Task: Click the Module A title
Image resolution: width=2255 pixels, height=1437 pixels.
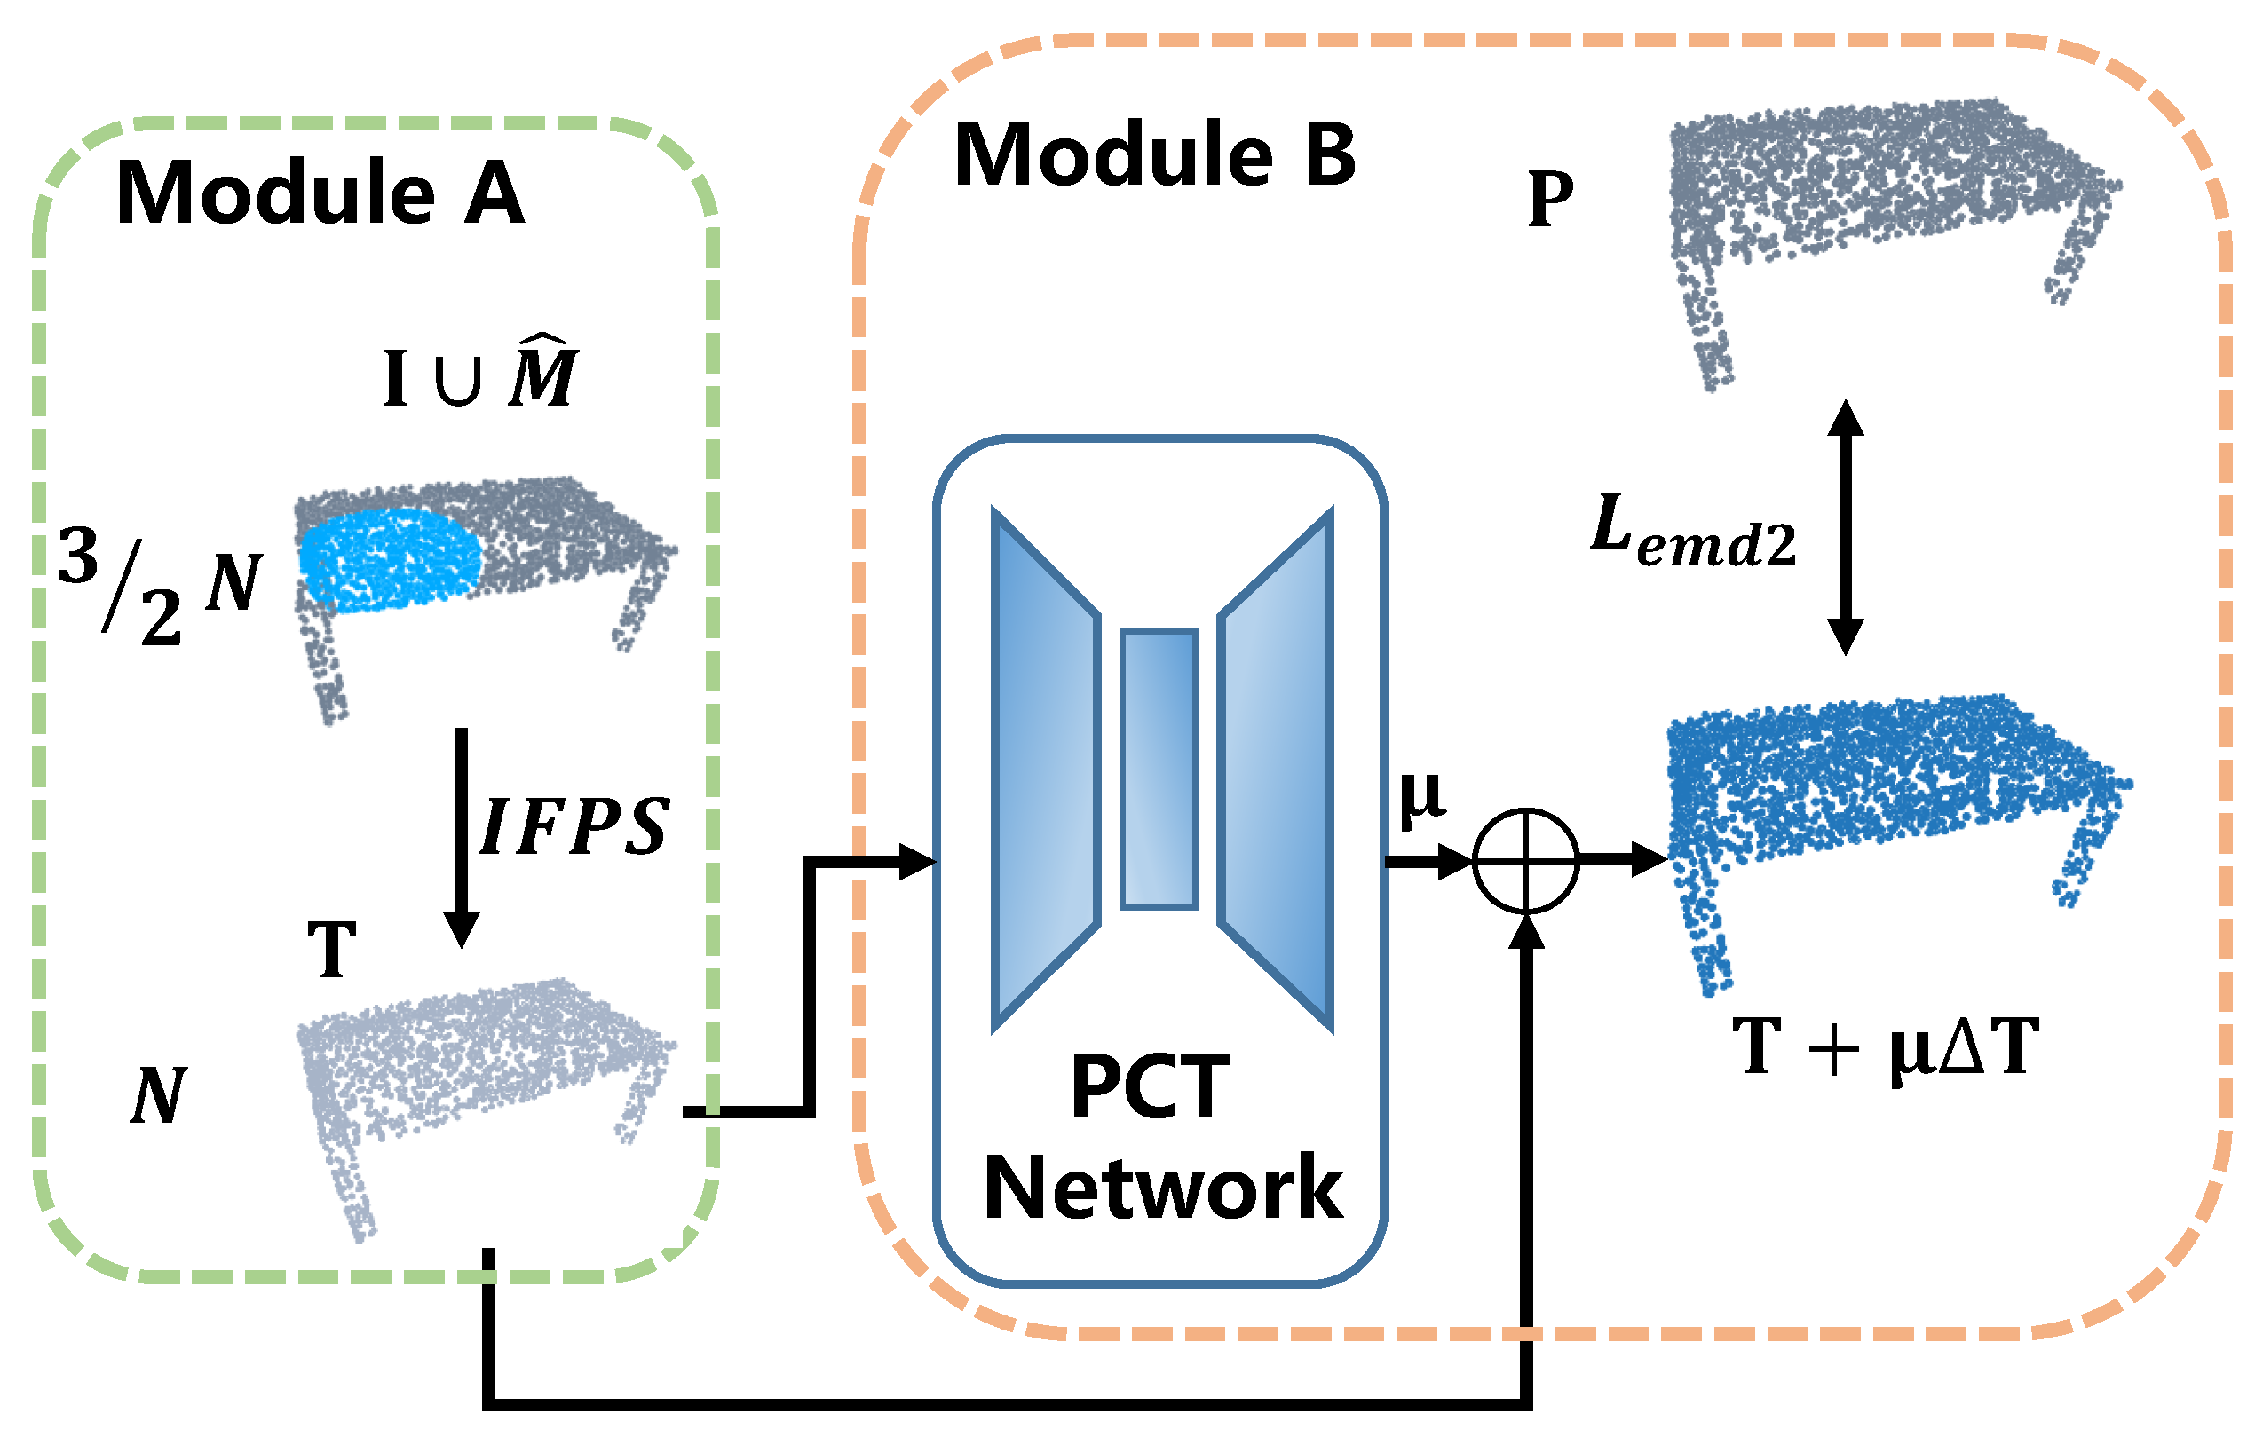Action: pyautogui.click(x=320, y=193)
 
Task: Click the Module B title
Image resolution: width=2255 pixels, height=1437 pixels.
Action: pyautogui.click(x=1155, y=155)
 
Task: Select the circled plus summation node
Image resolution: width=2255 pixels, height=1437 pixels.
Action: pyautogui.click(x=1525, y=860)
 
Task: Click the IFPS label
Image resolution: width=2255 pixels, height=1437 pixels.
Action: pyautogui.click(x=574, y=826)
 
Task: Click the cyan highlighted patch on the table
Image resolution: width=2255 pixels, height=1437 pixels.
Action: pyautogui.click(x=389, y=561)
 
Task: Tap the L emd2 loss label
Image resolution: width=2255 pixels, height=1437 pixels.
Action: pyautogui.click(x=1693, y=532)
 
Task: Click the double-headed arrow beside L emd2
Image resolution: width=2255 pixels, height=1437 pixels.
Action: pyautogui.click(x=1845, y=527)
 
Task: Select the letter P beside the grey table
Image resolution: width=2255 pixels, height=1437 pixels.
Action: pyautogui.click(x=1550, y=200)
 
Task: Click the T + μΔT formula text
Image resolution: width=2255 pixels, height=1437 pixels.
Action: pyautogui.click(x=1884, y=1047)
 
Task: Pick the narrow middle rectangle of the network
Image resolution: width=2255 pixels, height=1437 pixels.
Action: pyautogui.click(x=1159, y=769)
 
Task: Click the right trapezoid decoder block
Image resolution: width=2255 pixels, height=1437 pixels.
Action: pyautogui.click(x=1276, y=769)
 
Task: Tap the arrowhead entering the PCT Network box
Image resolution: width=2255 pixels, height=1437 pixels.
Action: pyautogui.click(x=916, y=861)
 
